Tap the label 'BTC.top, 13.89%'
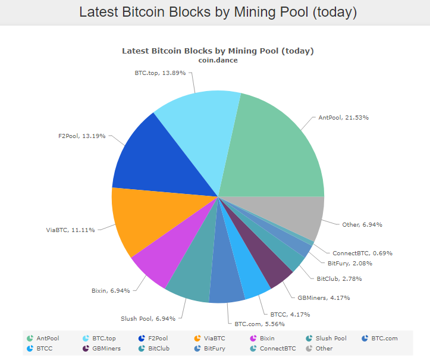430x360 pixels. (x=159, y=73)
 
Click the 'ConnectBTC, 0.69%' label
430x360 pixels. (x=362, y=253)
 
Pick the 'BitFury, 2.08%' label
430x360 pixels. (x=351, y=263)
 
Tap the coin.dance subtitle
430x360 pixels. (x=218, y=60)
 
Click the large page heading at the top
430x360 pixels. (x=218, y=12)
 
